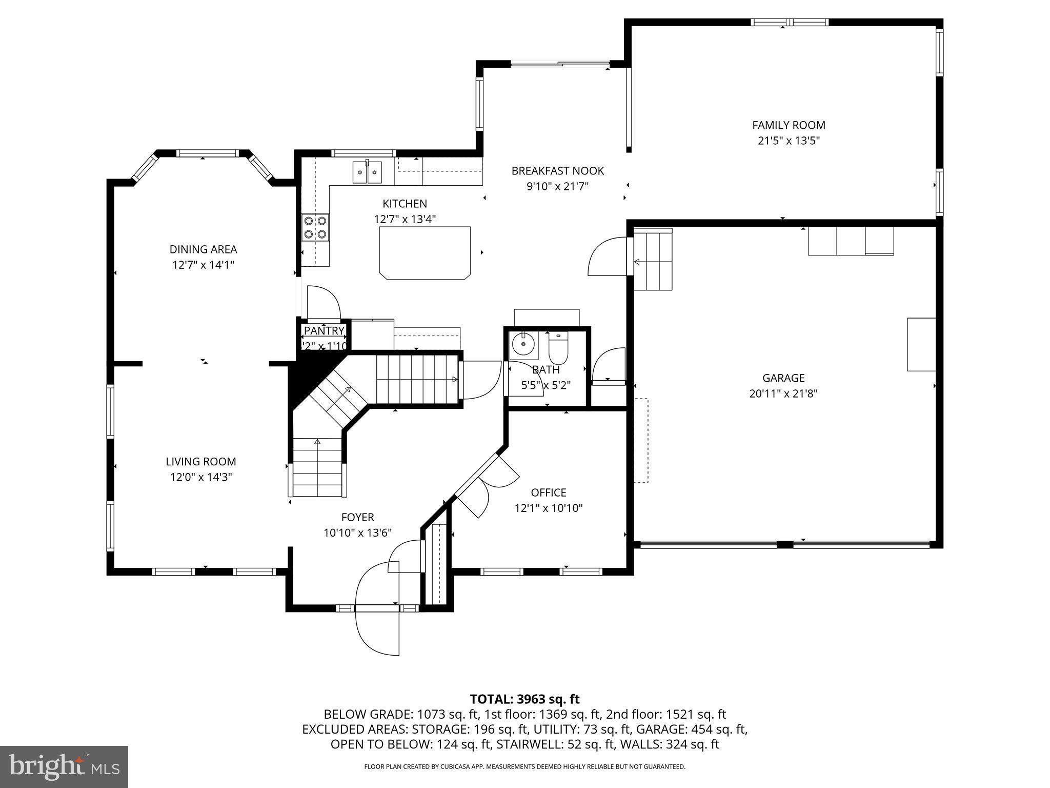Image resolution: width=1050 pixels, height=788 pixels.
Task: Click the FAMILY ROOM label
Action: pos(789,125)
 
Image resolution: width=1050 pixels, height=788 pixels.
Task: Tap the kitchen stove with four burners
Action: pos(315,227)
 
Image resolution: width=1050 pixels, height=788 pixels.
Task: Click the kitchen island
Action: pos(425,253)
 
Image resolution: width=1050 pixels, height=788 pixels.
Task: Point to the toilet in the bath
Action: pos(558,347)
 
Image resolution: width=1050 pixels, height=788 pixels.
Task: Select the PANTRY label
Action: pos(324,331)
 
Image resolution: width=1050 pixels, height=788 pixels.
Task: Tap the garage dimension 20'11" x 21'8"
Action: pos(783,393)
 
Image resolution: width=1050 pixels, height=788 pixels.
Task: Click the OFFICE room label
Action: pos(549,493)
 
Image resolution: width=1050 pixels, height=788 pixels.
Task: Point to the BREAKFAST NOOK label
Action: pos(557,171)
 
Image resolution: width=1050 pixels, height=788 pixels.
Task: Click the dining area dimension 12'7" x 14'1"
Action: pos(203,265)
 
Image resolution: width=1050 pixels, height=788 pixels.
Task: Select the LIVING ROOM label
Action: pos(201,462)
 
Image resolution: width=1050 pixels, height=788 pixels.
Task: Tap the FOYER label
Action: pos(358,517)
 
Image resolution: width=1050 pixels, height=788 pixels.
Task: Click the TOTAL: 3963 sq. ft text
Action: pos(524,699)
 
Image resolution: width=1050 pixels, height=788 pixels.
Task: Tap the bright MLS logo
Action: pos(64,766)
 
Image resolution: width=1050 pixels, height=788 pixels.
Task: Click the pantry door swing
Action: pos(323,303)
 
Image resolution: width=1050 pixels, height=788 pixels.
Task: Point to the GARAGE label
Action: pos(783,378)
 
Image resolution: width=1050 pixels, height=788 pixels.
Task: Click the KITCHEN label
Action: pos(405,204)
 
